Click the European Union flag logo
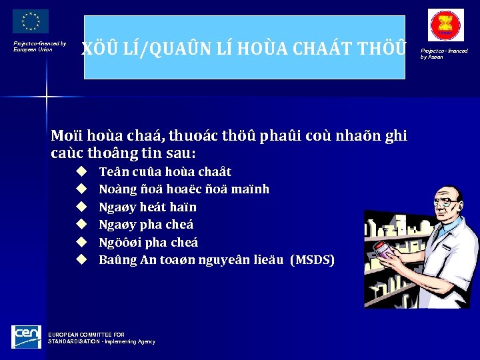click(x=31, y=22)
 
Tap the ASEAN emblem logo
click(x=445, y=25)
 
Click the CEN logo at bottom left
click(x=26, y=337)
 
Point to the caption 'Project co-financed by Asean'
click(x=443, y=53)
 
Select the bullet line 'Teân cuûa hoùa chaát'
click(x=165, y=171)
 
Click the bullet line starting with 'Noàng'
click(x=184, y=189)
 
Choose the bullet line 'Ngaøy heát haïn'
click(x=147, y=207)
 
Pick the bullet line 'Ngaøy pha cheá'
click(x=146, y=224)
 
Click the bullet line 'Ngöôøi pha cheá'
click(x=148, y=242)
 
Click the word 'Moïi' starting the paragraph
click(x=65, y=137)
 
